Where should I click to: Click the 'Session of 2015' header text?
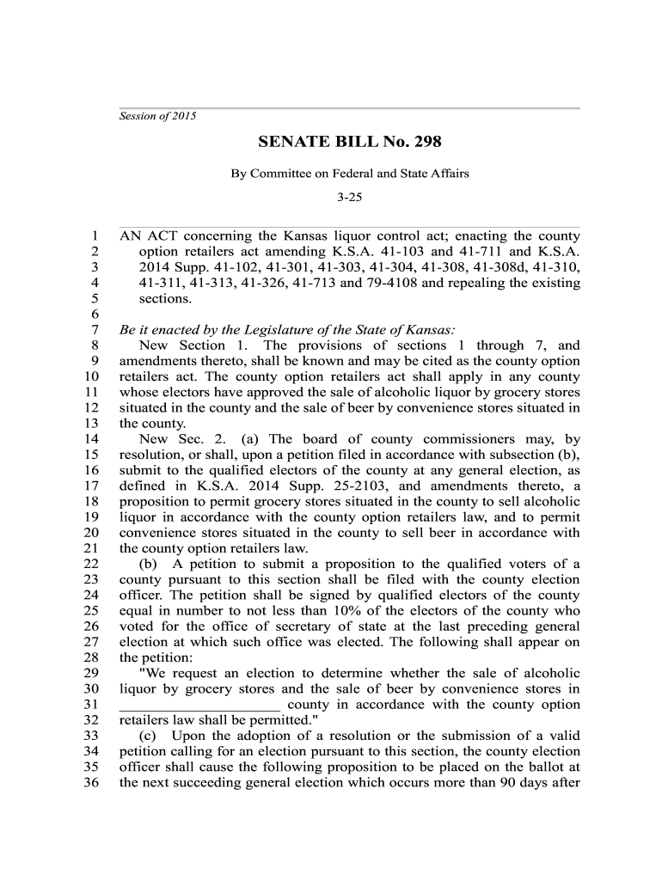point(157,116)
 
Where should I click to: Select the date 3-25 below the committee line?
point(350,197)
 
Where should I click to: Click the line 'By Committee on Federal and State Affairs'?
point(349,174)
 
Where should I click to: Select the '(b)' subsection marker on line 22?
point(148,564)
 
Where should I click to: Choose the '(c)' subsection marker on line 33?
point(148,736)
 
